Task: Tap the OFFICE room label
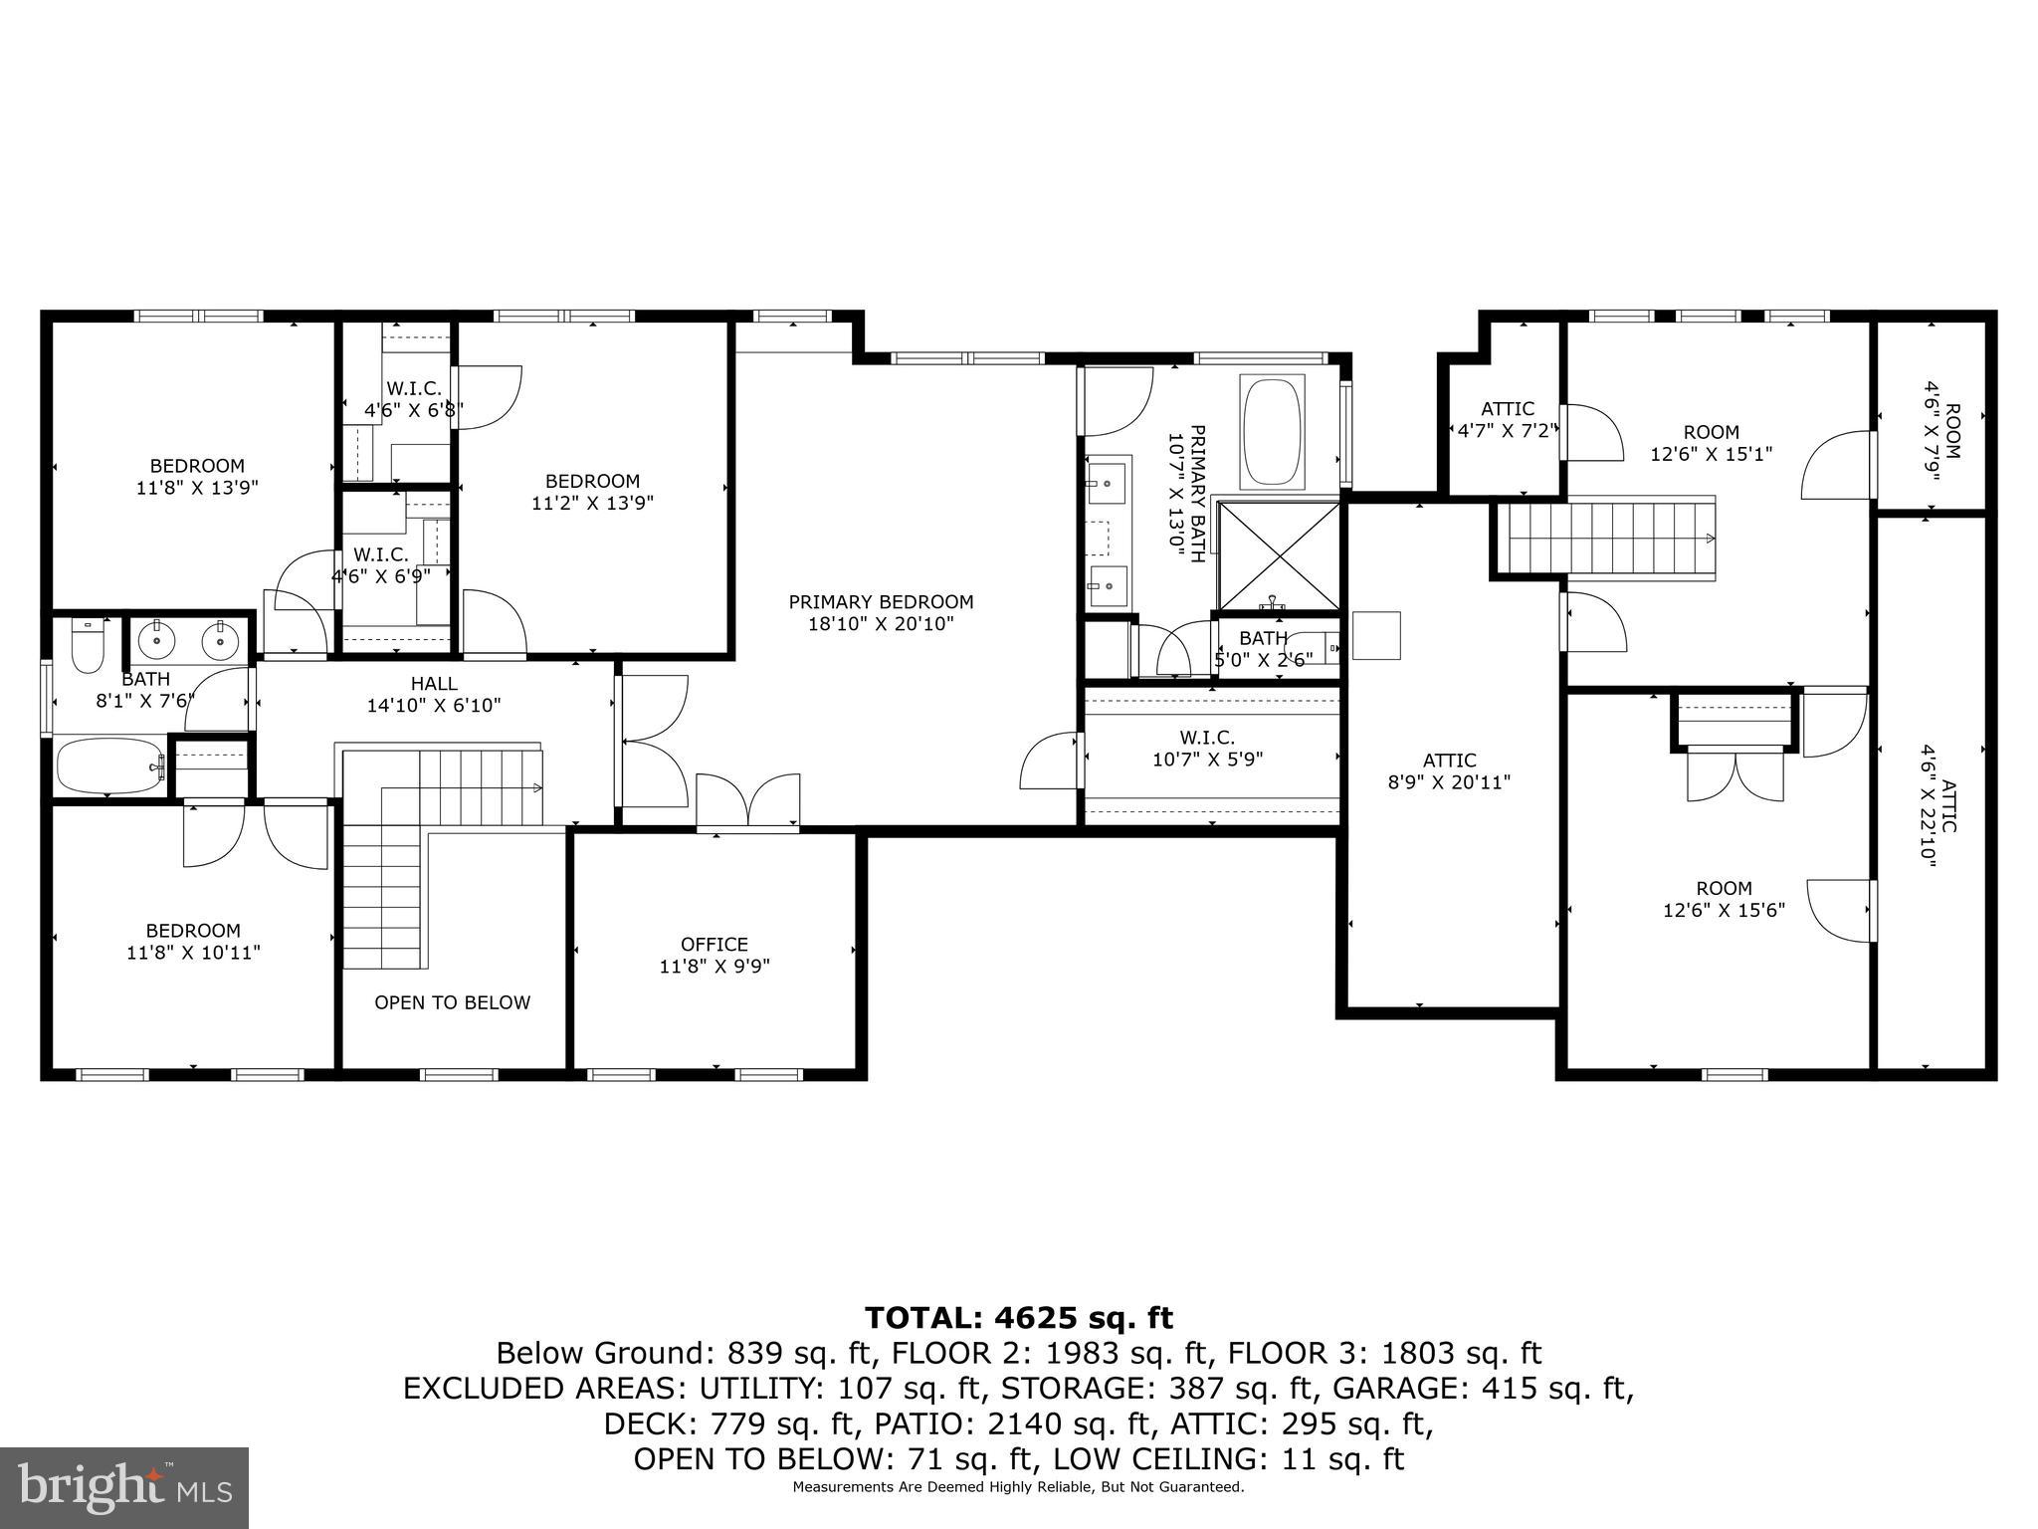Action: tap(713, 955)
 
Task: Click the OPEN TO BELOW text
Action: tap(452, 1002)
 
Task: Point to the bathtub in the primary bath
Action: tap(1273, 431)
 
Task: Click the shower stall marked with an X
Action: tap(1279, 555)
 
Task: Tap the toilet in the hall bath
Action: tap(89, 647)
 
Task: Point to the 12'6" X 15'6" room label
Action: tap(1724, 899)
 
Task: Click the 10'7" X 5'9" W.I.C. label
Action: tap(1207, 749)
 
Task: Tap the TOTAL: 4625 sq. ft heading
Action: tap(1019, 1318)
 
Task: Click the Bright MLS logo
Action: tap(124, 1488)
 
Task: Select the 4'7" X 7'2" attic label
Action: tap(1507, 420)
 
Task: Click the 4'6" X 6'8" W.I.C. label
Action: tap(413, 399)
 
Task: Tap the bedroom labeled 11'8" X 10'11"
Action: tap(193, 942)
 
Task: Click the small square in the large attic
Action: tap(1376, 635)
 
